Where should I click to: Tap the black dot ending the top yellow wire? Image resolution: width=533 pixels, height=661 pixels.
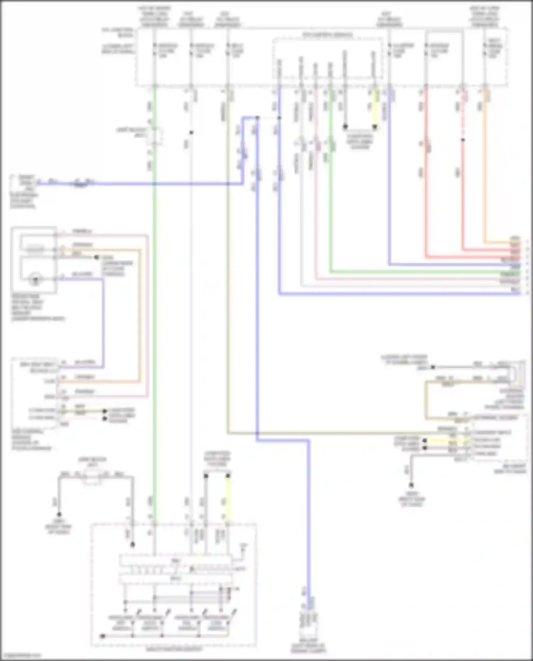(374, 126)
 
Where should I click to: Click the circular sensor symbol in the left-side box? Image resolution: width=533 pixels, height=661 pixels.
(35, 279)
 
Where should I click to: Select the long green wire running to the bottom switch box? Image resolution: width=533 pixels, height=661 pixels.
(154, 320)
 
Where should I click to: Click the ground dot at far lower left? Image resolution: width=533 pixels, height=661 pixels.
(59, 514)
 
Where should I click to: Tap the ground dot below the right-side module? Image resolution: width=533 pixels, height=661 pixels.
(411, 485)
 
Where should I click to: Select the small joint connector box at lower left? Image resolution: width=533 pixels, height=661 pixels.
(92, 476)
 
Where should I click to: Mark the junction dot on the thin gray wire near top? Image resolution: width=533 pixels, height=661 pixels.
(191, 132)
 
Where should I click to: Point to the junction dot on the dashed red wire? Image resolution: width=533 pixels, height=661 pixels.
(463, 140)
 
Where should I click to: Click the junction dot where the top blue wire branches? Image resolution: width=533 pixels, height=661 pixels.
(257, 118)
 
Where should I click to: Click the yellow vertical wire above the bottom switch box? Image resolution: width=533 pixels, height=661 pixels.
(228, 497)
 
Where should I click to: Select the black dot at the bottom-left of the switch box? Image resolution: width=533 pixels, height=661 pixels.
(102, 636)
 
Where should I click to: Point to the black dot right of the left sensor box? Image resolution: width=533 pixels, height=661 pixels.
(96, 257)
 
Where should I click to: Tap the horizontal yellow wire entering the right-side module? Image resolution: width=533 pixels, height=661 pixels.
(441, 440)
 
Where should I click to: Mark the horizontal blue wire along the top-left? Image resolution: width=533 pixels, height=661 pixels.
(142, 184)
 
